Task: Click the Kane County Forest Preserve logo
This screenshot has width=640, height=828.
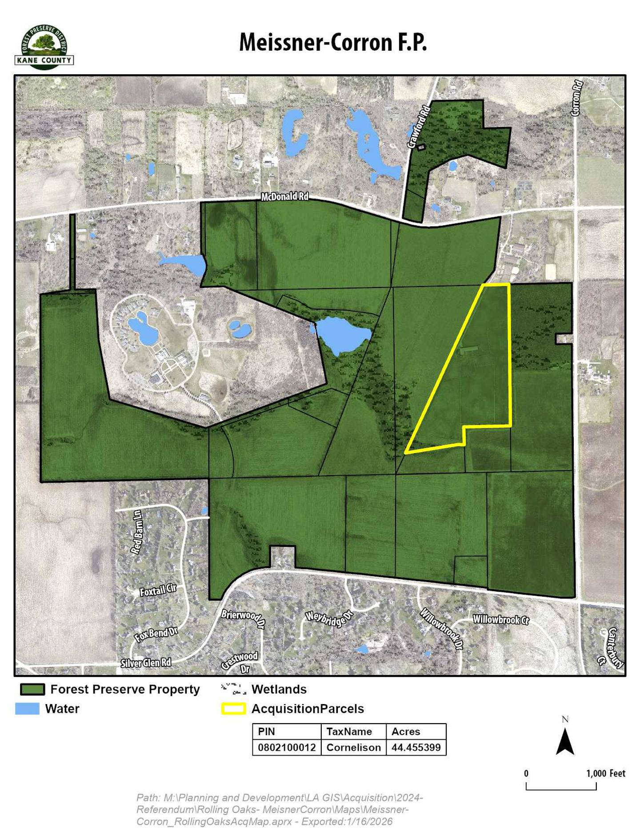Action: pyautogui.click(x=44, y=47)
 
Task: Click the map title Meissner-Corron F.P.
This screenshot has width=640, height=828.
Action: pyautogui.click(x=332, y=43)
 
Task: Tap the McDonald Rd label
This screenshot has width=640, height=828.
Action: pyautogui.click(x=284, y=196)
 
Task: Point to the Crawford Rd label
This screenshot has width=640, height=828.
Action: pyautogui.click(x=419, y=127)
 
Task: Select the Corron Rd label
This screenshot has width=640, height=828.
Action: pyautogui.click(x=576, y=98)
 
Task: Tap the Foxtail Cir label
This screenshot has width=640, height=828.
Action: pyautogui.click(x=158, y=590)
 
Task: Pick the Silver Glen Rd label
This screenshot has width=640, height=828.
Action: pyautogui.click(x=146, y=663)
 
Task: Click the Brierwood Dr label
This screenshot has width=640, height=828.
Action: pyautogui.click(x=243, y=619)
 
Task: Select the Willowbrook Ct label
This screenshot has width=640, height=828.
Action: pyautogui.click(x=500, y=619)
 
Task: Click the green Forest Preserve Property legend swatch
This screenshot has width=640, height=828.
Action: pyautogui.click(x=32, y=689)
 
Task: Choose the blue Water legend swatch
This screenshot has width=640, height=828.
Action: pyautogui.click(x=27, y=709)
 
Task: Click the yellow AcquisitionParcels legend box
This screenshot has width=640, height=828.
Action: pyautogui.click(x=233, y=709)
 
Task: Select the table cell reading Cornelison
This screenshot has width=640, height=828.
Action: pyautogui.click(x=353, y=747)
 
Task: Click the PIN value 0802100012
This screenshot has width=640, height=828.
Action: pyautogui.click(x=287, y=747)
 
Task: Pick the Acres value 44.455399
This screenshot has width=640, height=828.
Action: pyautogui.click(x=416, y=747)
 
